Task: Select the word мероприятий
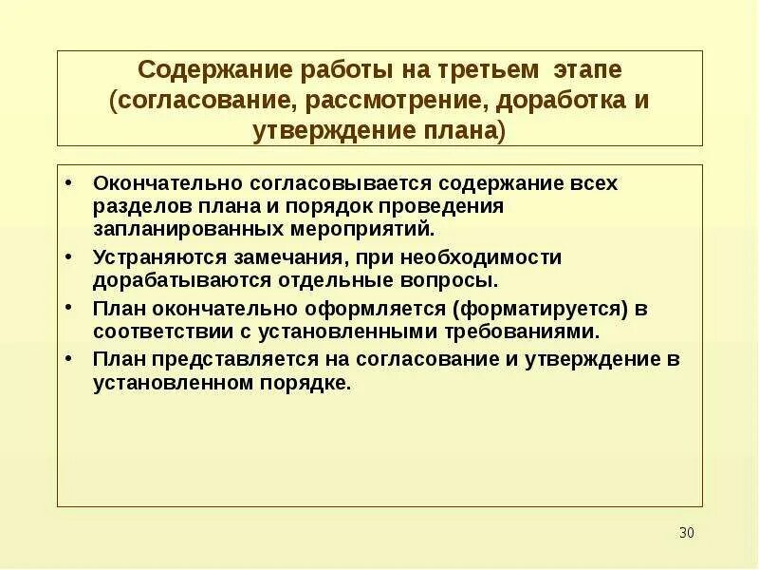(361, 228)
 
